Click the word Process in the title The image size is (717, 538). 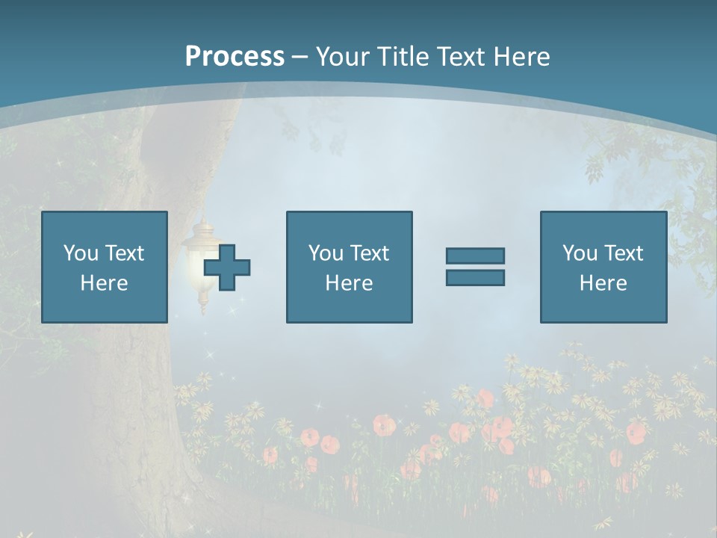[x=235, y=57]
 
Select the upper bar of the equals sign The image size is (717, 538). [x=475, y=256]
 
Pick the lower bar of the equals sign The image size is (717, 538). [x=475, y=277]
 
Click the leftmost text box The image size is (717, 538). [x=104, y=267]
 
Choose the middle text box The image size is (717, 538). [x=349, y=267]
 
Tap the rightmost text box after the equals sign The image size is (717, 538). [x=603, y=267]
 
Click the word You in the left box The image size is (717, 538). [x=81, y=253]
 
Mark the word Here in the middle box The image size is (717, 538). [x=349, y=283]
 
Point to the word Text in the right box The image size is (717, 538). [x=622, y=253]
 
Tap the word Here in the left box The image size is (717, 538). [x=104, y=283]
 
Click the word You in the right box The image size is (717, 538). [x=580, y=253]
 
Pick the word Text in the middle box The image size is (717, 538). [x=368, y=253]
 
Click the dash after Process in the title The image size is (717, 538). [x=299, y=57]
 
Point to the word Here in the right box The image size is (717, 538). [x=603, y=283]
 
